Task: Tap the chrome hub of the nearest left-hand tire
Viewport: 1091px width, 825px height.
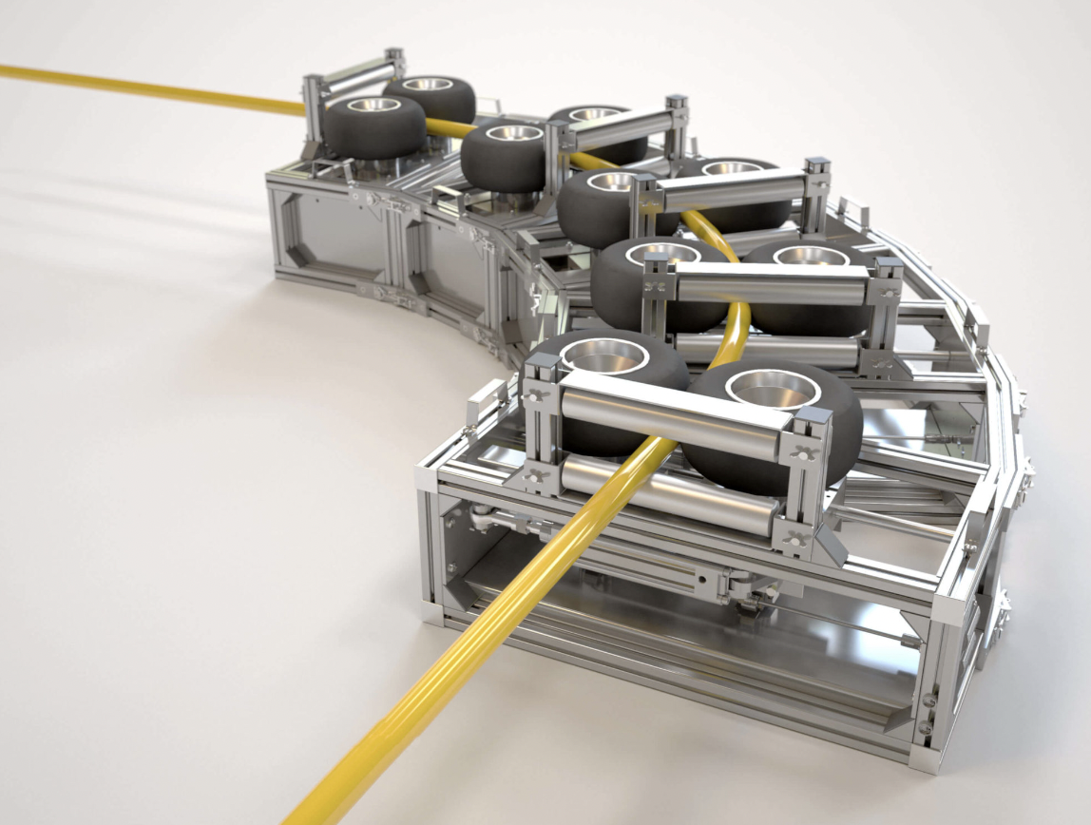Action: click(604, 355)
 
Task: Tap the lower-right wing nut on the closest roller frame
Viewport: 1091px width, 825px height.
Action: click(793, 541)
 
